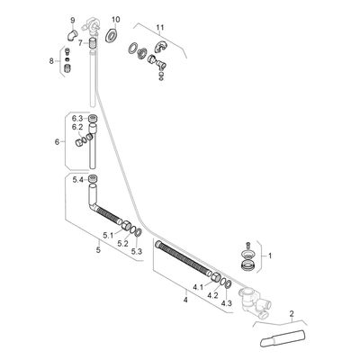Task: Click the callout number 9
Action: pos(72,21)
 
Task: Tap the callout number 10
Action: pos(116,20)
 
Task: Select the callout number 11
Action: pos(160,28)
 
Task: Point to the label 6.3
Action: pos(77,118)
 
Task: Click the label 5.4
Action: pos(78,180)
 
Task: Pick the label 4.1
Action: pos(198,287)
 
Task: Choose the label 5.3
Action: pos(137,252)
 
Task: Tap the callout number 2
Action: pos(292,314)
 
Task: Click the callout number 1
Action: pos(270,256)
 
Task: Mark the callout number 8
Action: pos(51,61)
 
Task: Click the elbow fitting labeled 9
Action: pos(72,34)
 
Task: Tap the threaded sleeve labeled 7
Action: pos(94,41)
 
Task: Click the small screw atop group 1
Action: pos(247,245)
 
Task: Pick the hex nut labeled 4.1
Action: pos(216,277)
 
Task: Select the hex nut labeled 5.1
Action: pos(125,225)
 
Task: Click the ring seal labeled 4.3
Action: pos(228,283)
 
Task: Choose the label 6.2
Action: pos(77,127)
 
